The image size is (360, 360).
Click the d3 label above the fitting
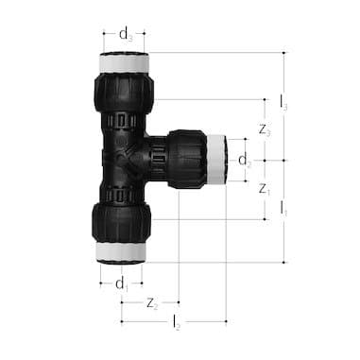click(x=125, y=33)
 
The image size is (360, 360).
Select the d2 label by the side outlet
click(x=245, y=159)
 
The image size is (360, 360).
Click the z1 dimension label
click(x=265, y=189)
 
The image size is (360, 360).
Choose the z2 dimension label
click(x=151, y=303)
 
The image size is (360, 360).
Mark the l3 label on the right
click(x=284, y=101)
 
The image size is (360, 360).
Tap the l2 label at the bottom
click(x=176, y=323)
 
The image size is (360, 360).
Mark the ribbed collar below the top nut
click(x=123, y=120)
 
